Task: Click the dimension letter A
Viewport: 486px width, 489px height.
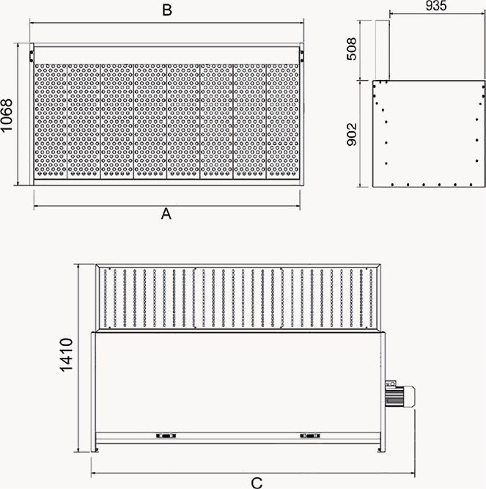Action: point(166,214)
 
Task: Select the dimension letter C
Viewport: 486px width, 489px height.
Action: point(257,482)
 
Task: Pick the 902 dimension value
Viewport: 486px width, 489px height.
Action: point(353,133)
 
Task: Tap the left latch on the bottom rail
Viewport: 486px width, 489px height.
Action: point(166,435)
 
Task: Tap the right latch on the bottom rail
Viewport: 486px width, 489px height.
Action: point(311,435)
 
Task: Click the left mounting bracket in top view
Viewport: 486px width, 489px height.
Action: point(32,54)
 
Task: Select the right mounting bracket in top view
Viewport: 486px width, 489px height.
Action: point(301,54)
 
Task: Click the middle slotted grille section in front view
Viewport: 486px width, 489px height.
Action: point(238,298)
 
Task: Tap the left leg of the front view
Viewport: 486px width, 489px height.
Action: point(94,392)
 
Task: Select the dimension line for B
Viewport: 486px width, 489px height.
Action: point(167,22)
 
